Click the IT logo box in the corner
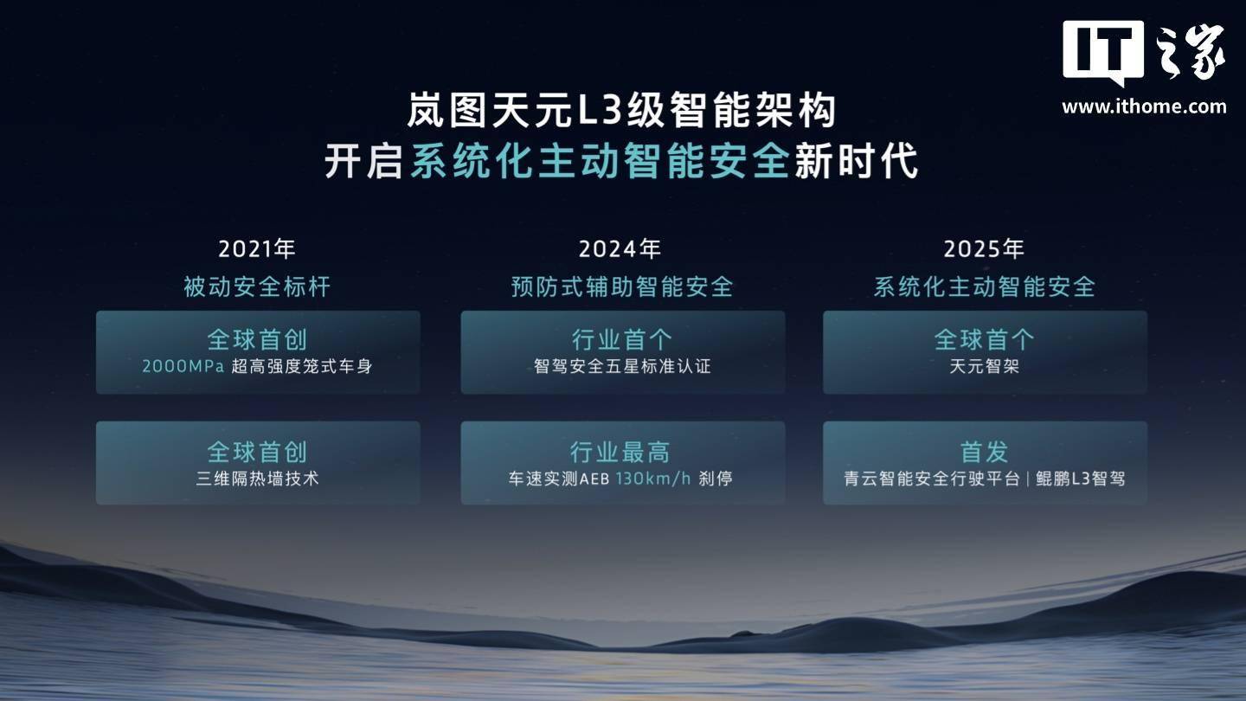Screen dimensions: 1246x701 (x=1103, y=52)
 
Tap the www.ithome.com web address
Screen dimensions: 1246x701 (x=1144, y=106)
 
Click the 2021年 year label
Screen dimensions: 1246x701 (x=256, y=248)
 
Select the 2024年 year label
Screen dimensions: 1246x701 (x=620, y=248)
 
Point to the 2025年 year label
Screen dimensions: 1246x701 (x=984, y=248)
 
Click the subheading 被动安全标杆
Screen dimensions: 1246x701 (x=257, y=287)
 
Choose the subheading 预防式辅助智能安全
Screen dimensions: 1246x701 (x=622, y=287)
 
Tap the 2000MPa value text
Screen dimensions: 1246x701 (x=183, y=366)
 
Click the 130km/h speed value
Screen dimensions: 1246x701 (x=653, y=479)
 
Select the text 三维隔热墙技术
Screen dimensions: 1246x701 (x=257, y=479)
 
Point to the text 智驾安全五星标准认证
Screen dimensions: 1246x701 (x=622, y=366)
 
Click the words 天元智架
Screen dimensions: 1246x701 (x=984, y=366)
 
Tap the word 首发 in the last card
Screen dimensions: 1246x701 (x=984, y=452)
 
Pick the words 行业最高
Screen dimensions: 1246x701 (x=620, y=452)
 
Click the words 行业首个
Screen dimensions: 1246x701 (x=622, y=339)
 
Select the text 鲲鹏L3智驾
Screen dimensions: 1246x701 (x=1080, y=479)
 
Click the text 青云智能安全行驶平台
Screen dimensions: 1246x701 (x=932, y=479)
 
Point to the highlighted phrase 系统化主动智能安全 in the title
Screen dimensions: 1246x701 (x=600, y=161)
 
